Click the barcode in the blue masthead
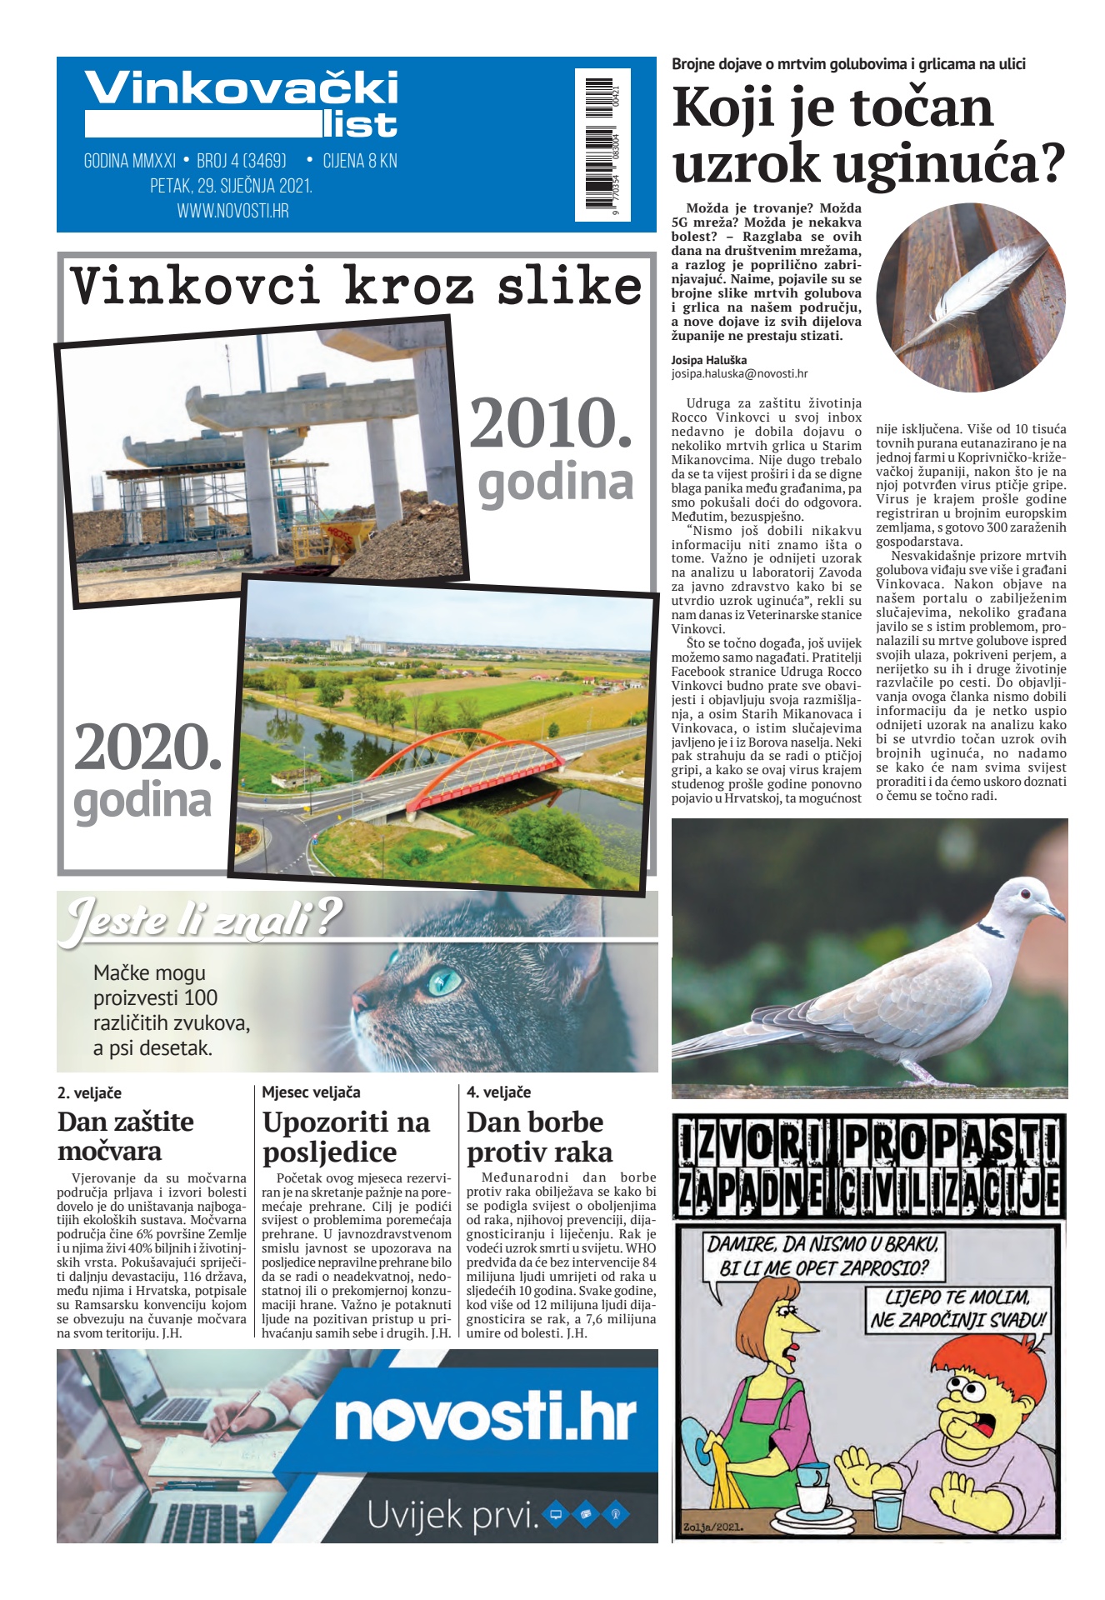602,143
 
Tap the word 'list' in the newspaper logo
361,125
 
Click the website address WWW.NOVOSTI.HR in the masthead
232,211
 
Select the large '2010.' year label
551,424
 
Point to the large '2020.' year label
147,747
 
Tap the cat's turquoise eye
444,981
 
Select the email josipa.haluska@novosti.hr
739,374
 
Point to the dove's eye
1024,893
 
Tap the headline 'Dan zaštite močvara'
126,1136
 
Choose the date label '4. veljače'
498,1092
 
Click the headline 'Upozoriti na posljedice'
346,1137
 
